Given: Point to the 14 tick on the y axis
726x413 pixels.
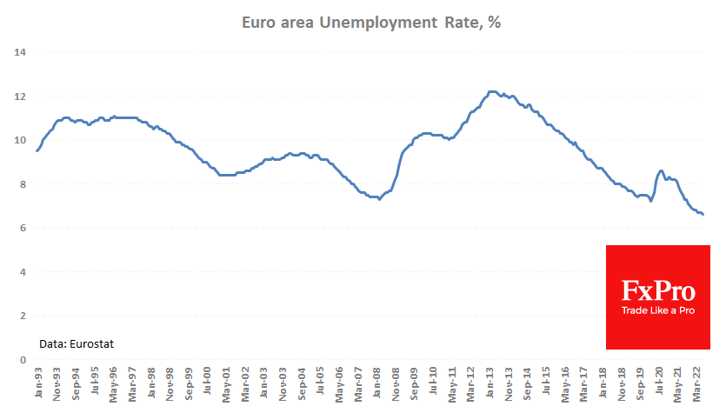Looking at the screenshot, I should point(18,52).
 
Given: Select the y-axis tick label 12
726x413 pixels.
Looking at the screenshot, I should point(18,96).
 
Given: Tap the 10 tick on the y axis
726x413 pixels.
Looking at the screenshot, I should point(18,140).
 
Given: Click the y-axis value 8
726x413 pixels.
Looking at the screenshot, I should point(21,184).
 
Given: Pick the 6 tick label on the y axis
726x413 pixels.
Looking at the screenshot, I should point(21,228).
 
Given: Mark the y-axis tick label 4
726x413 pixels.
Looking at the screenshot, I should point(21,272).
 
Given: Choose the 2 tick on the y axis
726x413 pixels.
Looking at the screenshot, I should point(21,316).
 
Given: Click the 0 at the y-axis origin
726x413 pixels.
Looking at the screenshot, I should point(21,360).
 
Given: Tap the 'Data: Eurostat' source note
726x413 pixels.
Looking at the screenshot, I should point(77,344).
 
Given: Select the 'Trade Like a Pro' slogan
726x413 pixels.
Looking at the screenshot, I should point(657,310).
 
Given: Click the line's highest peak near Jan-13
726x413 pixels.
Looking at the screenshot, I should point(491,91).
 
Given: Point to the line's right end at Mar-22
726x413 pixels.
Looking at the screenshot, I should point(703,215).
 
